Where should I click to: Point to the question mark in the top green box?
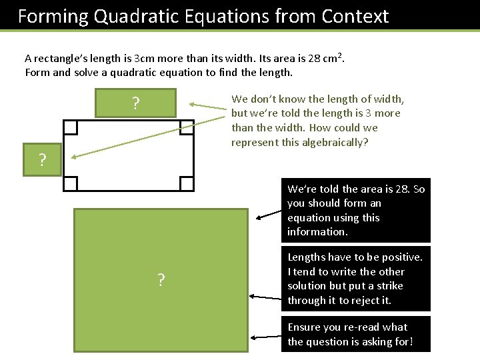click(135, 103)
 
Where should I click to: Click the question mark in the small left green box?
click(42, 160)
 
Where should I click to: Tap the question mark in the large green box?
click(161, 280)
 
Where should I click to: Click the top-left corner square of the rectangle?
click(71, 127)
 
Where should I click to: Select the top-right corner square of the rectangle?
click(186, 127)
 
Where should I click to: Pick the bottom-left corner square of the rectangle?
click(71, 184)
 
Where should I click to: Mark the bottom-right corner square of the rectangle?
click(187, 184)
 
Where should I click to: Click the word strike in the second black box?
click(389, 285)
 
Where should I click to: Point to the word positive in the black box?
click(402, 257)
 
